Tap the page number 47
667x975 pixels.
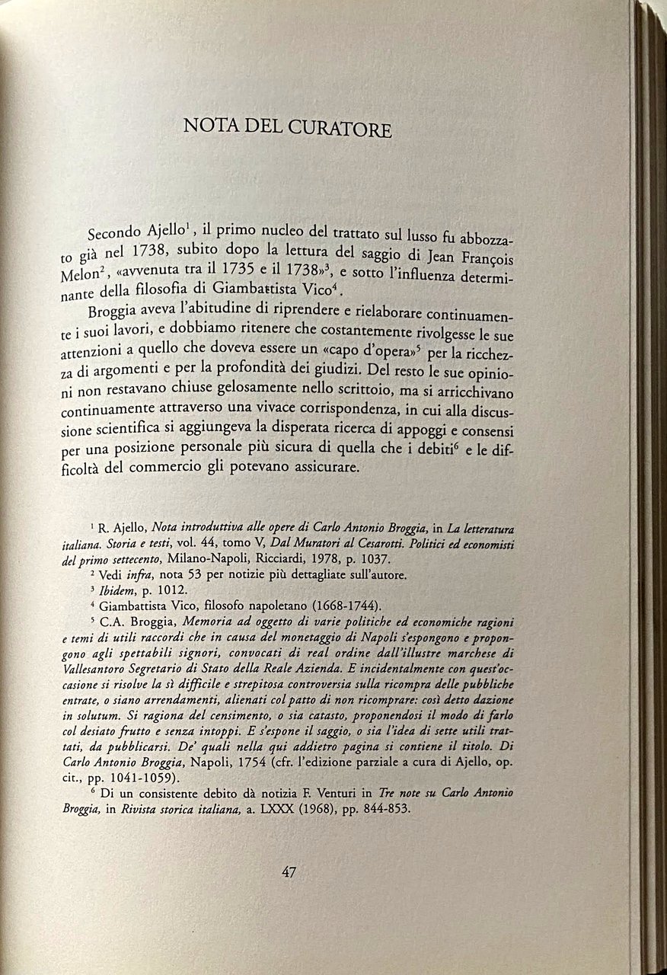pos(289,872)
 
